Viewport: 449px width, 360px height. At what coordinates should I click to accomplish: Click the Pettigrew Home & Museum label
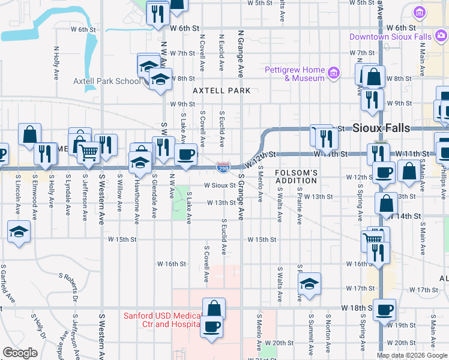coord(295,74)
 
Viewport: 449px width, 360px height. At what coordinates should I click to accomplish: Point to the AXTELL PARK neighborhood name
coord(221,91)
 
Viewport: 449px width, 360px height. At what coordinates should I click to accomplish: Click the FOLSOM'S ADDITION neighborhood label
coord(296,176)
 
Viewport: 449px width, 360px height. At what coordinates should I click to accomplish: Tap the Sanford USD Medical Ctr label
coord(162,320)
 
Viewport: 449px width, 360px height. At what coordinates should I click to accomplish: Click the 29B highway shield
coord(223,165)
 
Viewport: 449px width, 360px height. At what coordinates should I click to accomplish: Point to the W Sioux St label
coord(220,185)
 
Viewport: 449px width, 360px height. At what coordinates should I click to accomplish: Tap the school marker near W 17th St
coord(309,284)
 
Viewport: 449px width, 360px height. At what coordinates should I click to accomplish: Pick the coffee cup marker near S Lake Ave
coord(186,155)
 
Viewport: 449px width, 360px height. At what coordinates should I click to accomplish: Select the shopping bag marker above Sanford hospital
coord(214,309)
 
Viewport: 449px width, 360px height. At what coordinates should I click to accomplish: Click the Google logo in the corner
coord(20,352)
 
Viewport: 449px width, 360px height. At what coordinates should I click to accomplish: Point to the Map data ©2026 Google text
coord(412,355)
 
